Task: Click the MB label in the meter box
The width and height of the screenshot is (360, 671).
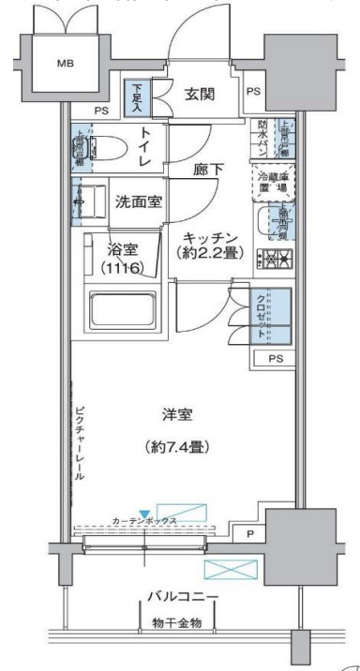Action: tap(65, 65)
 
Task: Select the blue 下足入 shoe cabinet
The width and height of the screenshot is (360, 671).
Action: tap(136, 97)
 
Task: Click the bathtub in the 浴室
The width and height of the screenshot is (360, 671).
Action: tap(125, 308)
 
